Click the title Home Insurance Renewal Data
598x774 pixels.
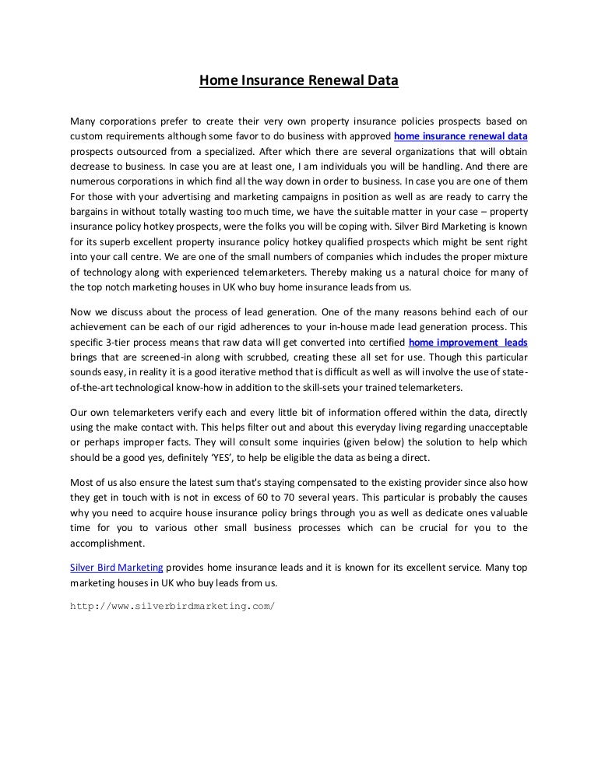tap(299, 79)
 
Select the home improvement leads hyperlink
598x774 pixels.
tap(468, 342)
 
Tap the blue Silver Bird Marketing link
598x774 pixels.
tap(116, 568)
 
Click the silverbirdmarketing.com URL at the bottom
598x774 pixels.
tap(172, 605)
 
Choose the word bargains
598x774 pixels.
tap(90, 212)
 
